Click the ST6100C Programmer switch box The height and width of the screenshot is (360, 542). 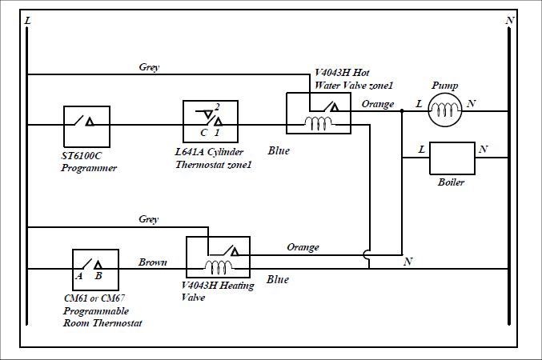86,124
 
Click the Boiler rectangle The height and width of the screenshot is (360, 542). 452,158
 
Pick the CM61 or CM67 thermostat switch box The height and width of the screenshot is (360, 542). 95,270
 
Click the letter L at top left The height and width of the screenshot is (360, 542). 28,19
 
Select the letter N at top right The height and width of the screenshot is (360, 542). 510,19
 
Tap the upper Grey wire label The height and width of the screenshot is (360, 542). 149,68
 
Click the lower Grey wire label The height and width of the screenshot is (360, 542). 148,218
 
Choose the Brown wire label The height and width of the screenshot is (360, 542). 153,262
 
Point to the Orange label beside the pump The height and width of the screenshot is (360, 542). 377,104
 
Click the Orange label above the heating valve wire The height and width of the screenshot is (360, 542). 303,247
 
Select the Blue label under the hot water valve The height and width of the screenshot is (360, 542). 279,150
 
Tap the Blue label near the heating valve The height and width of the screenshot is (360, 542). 278,279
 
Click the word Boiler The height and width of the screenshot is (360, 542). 451,182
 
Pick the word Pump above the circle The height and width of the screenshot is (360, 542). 444,85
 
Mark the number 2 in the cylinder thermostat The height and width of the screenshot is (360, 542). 217,106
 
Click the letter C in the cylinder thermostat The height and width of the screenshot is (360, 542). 203,131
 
